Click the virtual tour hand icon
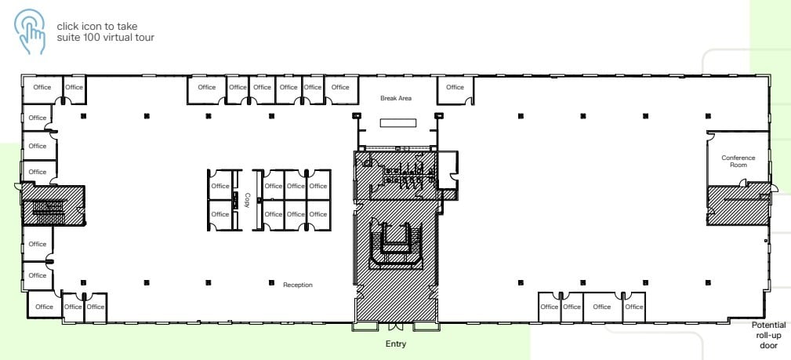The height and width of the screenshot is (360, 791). [x=30, y=31]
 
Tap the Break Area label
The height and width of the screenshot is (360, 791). [x=396, y=98]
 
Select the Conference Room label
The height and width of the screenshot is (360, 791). [x=738, y=162]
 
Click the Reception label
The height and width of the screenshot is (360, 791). [x=298, y=285]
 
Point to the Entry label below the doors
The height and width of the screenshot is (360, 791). [x=396, y=344]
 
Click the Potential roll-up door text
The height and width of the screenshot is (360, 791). [x=768, y=335]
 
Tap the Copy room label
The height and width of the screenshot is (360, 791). [x=247, y=199]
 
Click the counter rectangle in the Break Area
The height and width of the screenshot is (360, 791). [x=398, y=123]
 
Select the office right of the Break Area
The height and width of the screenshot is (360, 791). [x=455, y=88]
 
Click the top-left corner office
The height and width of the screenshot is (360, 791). [x=42, y=88]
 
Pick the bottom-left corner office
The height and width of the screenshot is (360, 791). [x=44, y=307]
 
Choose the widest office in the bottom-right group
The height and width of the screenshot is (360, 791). [x=601, y=307]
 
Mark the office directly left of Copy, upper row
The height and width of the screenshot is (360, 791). [x=220, y=186]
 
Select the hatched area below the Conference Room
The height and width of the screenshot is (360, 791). [x=737, y=206]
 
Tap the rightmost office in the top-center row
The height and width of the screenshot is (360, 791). [x=340, y=88]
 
